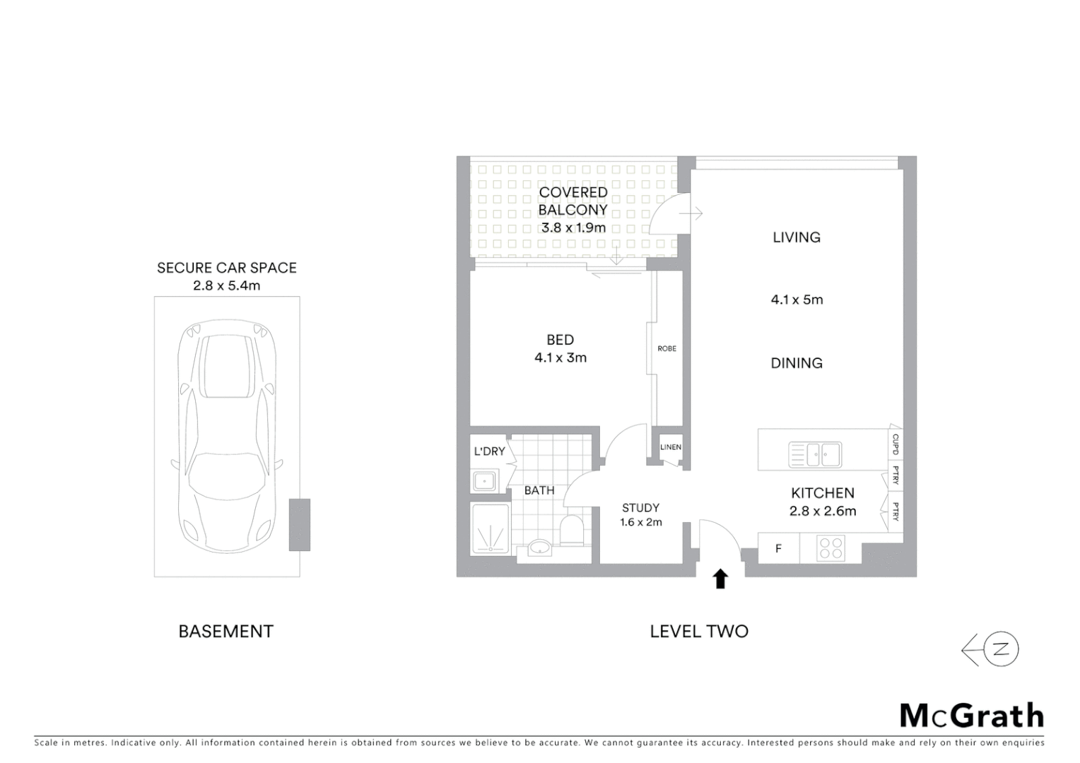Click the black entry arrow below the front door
(720, 579)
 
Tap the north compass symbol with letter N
(999, 650)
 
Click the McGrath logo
(971, 716)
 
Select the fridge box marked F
(778, 548)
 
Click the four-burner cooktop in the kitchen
(830, 548)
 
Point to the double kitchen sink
(815, 454)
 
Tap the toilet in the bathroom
(570, 531)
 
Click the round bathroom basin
(541, 548)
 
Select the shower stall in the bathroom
(490, 528)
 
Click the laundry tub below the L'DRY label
(484, 482)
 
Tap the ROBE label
(667, 349)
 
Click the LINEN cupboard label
(670, 447)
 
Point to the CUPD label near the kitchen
(895, 444)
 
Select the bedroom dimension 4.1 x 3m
(560, 357)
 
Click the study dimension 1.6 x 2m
(640, 523)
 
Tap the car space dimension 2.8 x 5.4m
(226, 286)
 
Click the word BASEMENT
(225, 631)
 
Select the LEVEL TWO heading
(699, 631)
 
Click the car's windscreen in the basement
(227, 471)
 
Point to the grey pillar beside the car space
(299, 524)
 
